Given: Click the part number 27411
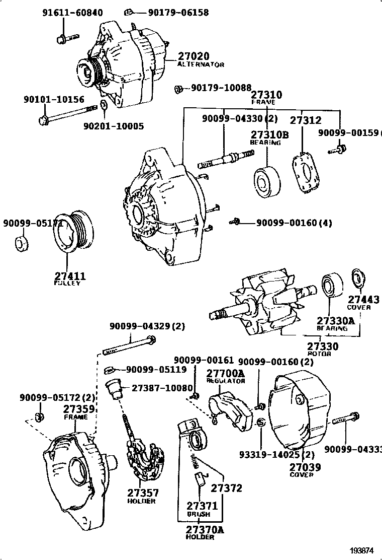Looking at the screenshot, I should pyautogui.click(x=69, y=276).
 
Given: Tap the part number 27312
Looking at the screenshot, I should pyautogui.click(x=305, y=120).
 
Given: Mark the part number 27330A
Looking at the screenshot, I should pyautogui.click(x=335, y=321).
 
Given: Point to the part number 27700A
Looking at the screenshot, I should pyautogui.click(x=225, y=373).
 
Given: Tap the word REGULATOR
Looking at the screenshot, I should pyautogui.click(x=225, y=381).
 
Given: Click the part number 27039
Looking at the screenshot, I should pyautogui.click(x=305, y=467).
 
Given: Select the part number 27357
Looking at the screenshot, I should pyautogui.click(x=143, y=493).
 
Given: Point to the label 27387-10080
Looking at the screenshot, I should pyautogui.click(x=162, y=388).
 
